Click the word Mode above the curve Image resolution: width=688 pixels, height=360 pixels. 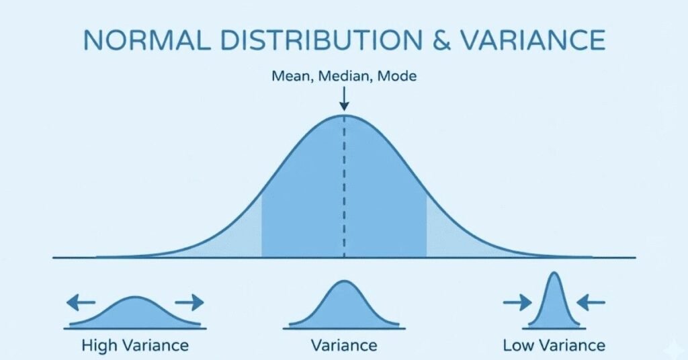(x=397, y=76)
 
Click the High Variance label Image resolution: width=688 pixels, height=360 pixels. (x=134, y=346)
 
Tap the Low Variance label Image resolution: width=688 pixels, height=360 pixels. (x=554, y=346)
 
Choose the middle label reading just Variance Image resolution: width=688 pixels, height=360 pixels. (x=344, y=346)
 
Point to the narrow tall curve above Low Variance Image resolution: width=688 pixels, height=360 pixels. (x=554, y=302)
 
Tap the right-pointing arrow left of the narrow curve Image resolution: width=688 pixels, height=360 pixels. (x=517, y=303)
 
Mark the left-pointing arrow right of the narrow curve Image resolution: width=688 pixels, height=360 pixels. (x=591, y=303)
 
